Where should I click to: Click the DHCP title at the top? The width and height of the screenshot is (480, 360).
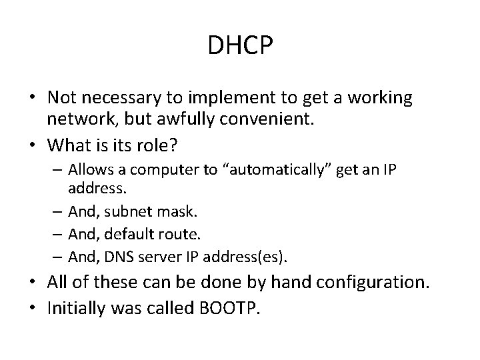(240, 46)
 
